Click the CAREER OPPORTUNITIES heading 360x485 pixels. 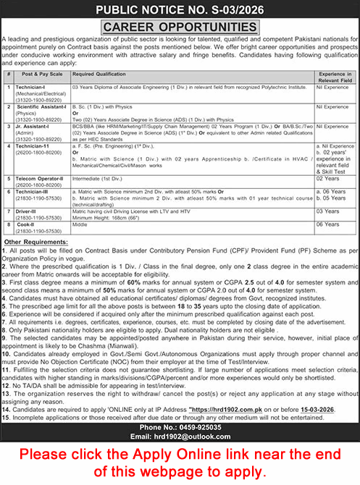click(x=180, y=26)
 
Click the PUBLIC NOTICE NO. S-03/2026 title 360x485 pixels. click(x=180, y=9)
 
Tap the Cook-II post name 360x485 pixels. click(x=27, y=224)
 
